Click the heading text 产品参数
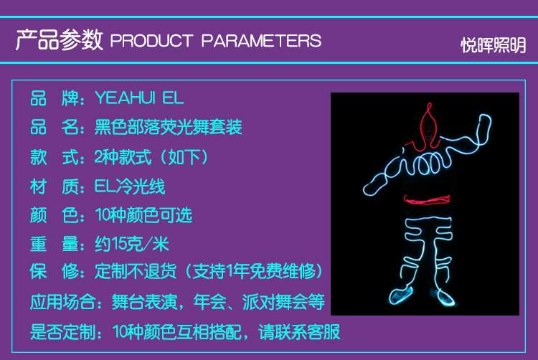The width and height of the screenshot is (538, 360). [x=60, y=39]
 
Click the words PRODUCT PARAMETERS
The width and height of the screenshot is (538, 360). [x=215, y=40]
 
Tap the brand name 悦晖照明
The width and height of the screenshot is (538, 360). [x=493, y=45]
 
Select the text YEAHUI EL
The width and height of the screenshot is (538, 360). [x=139, y=98]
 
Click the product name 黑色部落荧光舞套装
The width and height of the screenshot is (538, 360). [x=169, y=127]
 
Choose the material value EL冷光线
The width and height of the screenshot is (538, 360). [x=130, y=186]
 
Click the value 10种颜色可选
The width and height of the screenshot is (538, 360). [x=143, y=215]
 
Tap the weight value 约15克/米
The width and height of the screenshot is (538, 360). [x=132, y=245]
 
